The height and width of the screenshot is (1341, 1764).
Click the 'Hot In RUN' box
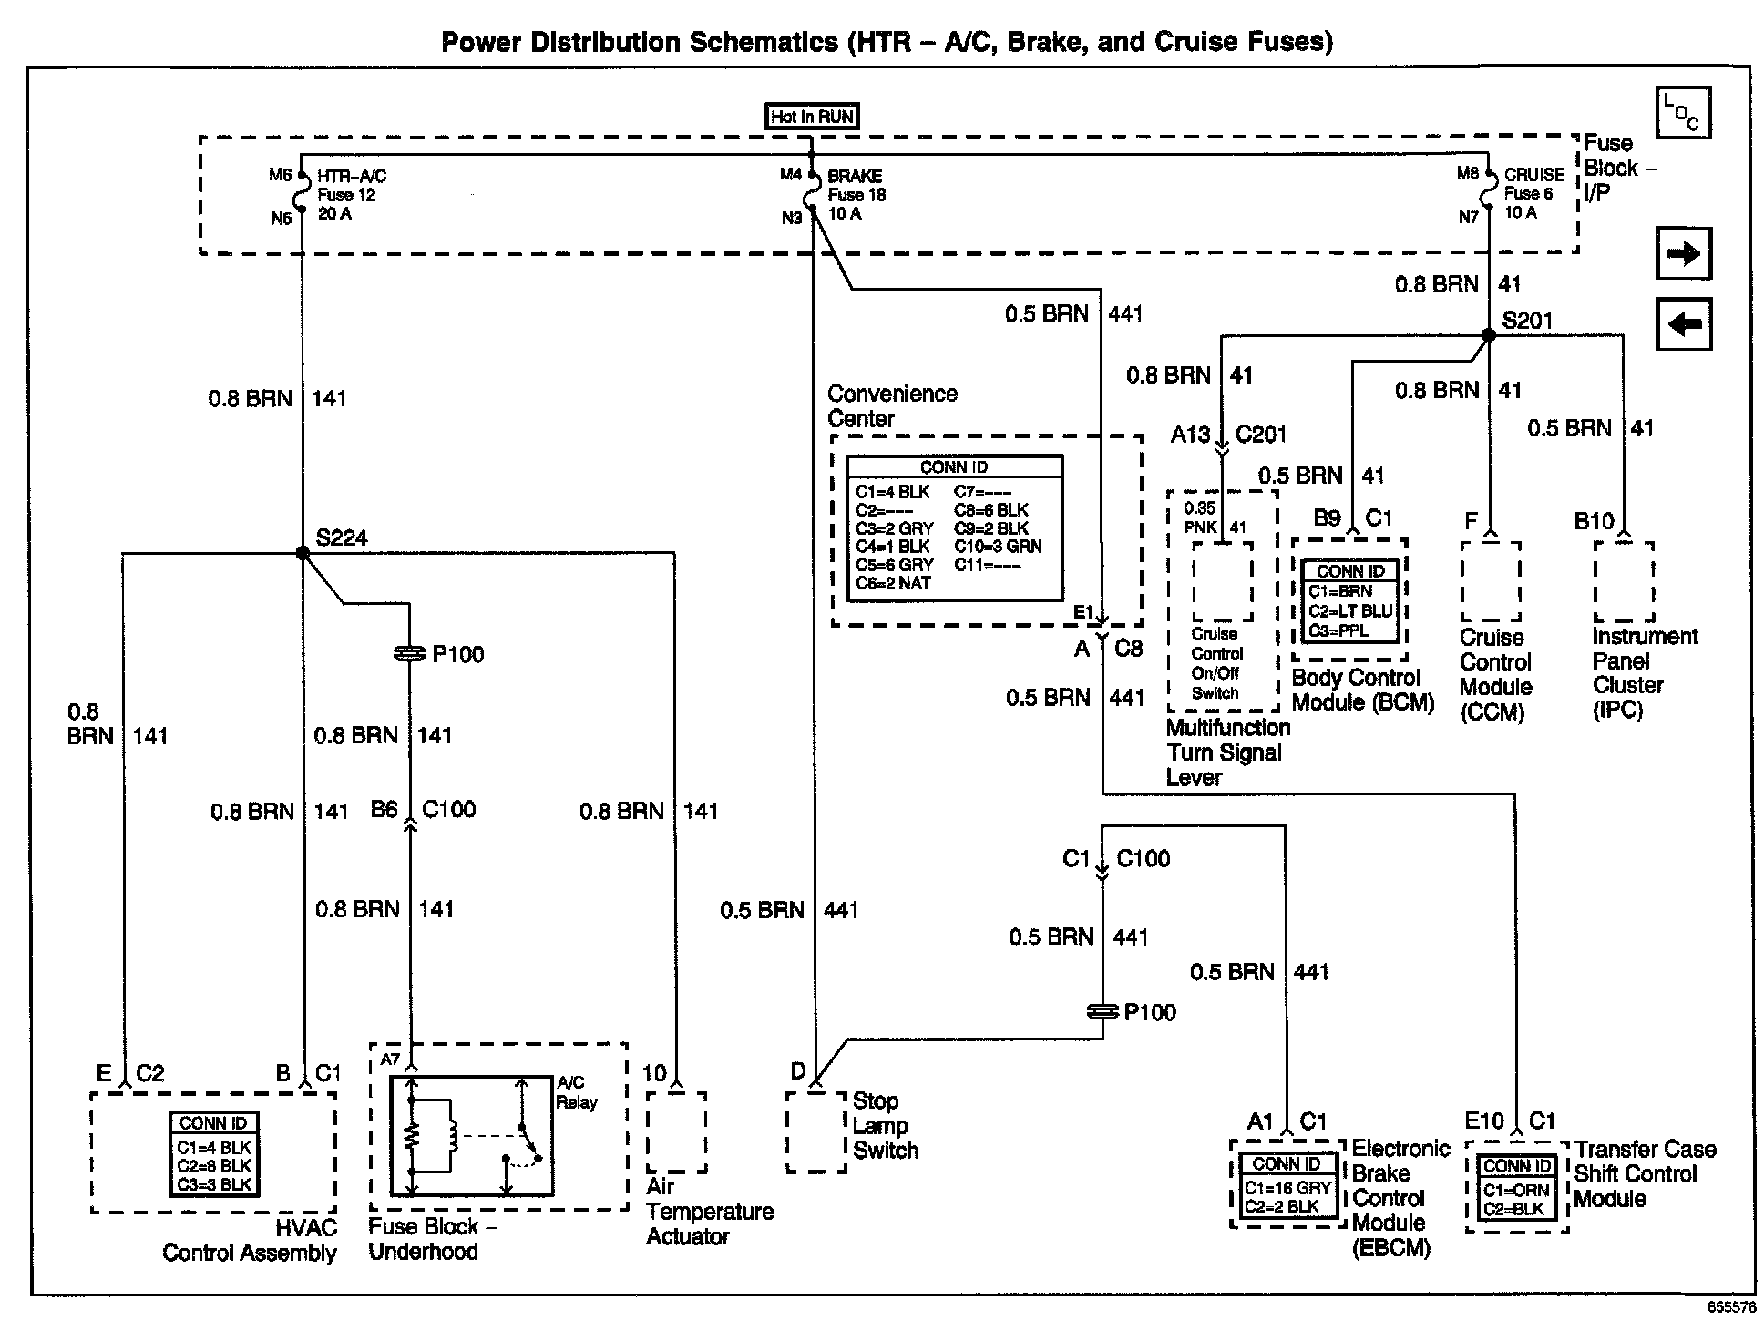[811, 117]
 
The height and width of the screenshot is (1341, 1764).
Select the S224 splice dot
[303, 553]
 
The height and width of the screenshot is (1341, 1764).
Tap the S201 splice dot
[1489, 335]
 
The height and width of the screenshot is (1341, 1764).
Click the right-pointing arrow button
[1684, 253]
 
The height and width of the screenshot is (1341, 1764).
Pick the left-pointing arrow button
[1684, 323]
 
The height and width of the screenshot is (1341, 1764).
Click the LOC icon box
[1683, 113]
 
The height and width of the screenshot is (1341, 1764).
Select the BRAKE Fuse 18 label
[856, 195]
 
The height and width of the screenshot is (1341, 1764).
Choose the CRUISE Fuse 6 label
[1533, 193]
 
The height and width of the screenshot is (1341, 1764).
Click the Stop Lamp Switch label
[885, 1126]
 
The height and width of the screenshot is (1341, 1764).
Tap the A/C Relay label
[577, 1092]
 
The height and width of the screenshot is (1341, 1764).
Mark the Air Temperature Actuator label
[709, 1212]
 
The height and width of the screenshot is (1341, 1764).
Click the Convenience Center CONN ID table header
[954, 467]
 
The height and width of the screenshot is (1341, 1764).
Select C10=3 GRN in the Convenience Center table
[998, 547]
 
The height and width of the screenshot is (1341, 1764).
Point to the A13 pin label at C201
[1190, 435]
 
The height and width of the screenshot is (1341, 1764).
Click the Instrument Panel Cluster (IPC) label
[1645, 672]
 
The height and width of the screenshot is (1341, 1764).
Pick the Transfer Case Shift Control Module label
[1645, 1174]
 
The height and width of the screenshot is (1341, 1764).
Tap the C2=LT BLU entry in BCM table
[1350, 610]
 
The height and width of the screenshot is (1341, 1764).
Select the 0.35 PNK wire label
[1200, 517]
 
